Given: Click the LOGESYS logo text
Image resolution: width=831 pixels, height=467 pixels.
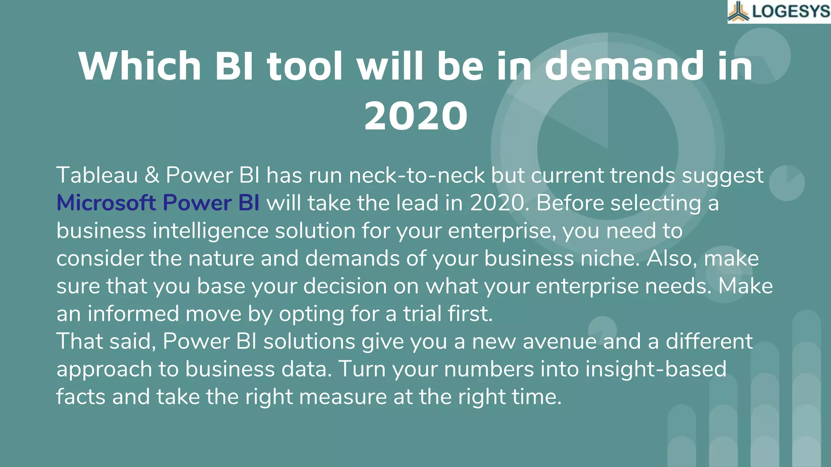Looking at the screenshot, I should pyautogui.click(x=791, y=11).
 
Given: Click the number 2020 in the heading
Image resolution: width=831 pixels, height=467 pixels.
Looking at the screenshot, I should pyautogui.click(x=415, y=116).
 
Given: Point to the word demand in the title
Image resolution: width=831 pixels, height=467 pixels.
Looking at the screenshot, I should pyautogui.click(x=624, y=66).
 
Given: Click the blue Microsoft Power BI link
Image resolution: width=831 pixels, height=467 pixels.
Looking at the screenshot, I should pyautogui.click(x=158, y=203).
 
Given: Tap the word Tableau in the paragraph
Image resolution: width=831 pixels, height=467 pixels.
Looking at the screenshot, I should pyautogui.click(x=97, y=175).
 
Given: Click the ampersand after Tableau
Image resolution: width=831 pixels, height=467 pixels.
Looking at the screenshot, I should pyautogui.click(x=152, y=175).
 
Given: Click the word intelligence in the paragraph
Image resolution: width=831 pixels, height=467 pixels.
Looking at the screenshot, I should pyautogui.click(x=211, y=231).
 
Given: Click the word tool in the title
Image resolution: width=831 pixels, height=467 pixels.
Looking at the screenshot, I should pyautogui.click(x=305, y=66).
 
